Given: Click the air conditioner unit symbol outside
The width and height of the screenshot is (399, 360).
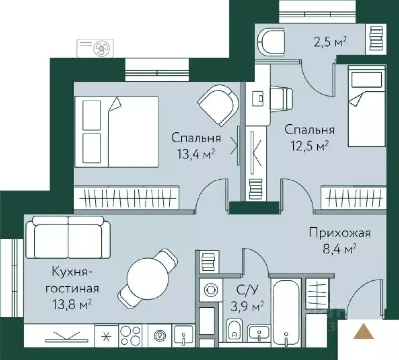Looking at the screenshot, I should (x=95, y=48).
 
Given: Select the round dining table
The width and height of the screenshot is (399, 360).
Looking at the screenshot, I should (x=145, y=274).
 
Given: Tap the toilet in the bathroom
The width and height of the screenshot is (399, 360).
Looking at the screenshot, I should (x=234, y=330).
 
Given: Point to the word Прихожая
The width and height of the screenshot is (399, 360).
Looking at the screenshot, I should (x=333, y=233).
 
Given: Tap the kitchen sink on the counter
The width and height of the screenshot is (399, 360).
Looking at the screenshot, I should (x=184, y=334).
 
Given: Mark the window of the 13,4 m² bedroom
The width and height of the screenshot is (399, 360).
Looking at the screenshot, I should (x=156, y=69).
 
